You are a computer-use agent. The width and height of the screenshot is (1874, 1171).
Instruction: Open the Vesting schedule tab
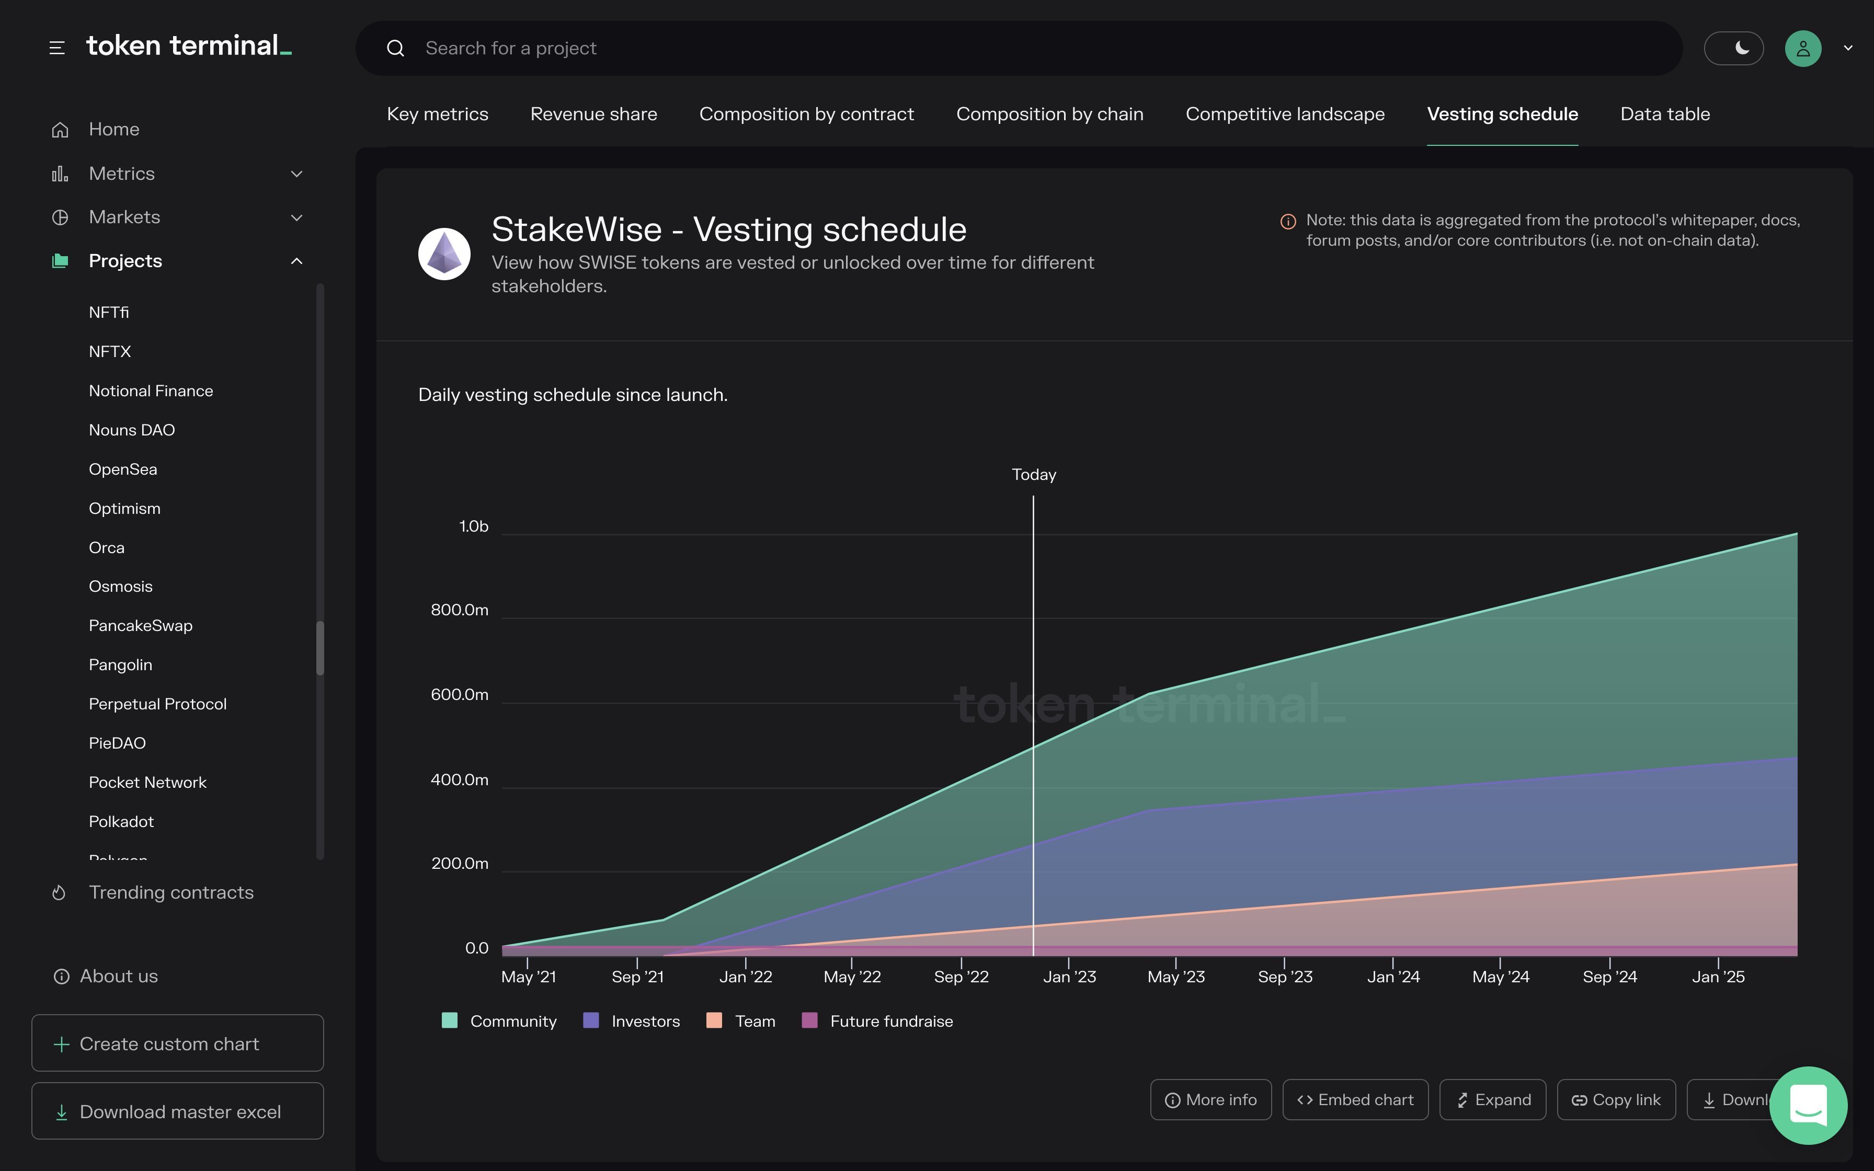tap(1502, 114)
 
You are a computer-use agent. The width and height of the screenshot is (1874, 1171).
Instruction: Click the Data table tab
tap(1664, 114)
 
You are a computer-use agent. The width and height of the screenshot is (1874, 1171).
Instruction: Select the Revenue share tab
tap(593, 114)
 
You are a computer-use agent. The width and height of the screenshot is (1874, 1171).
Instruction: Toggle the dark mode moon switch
tap(1733, 48)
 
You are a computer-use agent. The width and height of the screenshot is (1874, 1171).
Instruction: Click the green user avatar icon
tap(1803, 48)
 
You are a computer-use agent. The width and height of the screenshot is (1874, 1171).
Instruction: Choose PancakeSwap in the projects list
tap(140, 625)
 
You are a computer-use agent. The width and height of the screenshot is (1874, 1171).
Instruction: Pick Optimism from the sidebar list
tap(124, 508)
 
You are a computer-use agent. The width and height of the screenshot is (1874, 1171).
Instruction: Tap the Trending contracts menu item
tap(170, 892)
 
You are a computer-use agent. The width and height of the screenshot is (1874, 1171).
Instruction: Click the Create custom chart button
tap(177, 1043)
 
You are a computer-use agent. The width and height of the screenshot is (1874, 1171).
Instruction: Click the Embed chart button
tap(1355, 1100)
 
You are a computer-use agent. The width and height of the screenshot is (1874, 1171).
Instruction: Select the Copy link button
tap(1616, 1100)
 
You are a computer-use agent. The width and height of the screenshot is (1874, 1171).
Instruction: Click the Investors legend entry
tap(631, 1021)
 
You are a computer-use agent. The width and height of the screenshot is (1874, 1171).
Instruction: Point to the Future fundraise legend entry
tap(877, 1021)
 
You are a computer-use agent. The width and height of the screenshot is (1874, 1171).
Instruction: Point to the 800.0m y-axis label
tap(459, 610)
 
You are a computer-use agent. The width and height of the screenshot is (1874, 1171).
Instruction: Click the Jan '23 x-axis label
tap(1069, 977)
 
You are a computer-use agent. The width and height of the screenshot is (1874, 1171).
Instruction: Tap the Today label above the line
tap(1033, 474)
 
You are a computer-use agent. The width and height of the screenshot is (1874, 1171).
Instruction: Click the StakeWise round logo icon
tap(444, 253)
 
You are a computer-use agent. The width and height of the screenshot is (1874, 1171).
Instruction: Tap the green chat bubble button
tap(1808, 1105)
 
